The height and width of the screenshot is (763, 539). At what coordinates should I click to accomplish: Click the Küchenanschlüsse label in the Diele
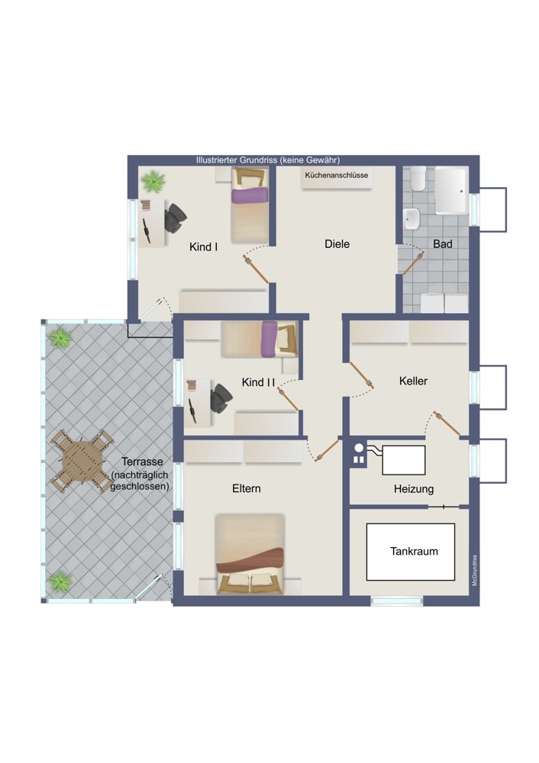[x=337, y=175]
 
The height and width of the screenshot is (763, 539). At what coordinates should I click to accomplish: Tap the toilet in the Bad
[x=418, y=179]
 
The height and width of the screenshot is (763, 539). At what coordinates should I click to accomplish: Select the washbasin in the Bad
[x=412, y=219]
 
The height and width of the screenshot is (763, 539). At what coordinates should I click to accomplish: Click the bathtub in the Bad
[x=451, y=191]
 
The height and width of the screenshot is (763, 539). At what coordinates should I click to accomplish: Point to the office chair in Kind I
[x=176, y=218]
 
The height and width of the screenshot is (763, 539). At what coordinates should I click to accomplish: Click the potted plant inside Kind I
[x=153, y=181]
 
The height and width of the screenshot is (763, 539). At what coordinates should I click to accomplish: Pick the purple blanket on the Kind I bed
[x=250, y=195]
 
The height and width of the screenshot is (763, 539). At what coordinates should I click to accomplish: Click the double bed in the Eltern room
[x=250, y=554]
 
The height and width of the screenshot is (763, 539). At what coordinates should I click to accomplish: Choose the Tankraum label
[x=414, y=552]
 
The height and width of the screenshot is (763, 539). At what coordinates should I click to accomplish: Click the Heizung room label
[x=414, y=489]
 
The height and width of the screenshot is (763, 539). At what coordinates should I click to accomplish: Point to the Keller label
[x=413, y=381]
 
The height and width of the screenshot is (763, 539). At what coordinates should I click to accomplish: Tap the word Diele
[x=337, y=244]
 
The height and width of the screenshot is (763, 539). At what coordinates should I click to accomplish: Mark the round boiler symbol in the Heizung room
[x=359, y=448]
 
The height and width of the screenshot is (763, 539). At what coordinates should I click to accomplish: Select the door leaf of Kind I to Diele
[x=257, y=269]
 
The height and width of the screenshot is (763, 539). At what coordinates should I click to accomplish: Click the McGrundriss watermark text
[x=475, y=570]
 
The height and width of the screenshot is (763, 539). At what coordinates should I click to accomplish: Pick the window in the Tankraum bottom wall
[x=397, y=601]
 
